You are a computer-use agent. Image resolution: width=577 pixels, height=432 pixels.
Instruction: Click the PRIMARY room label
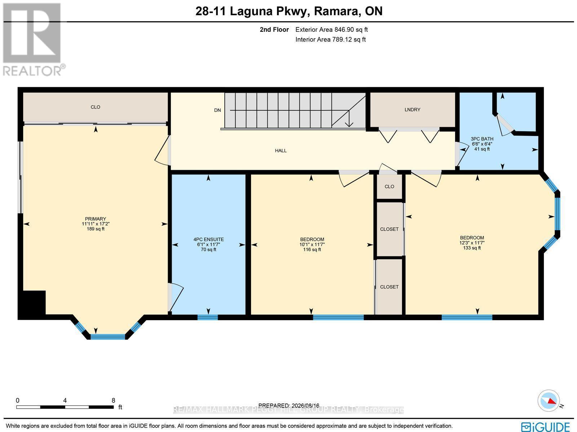pyautogui.click(x=96, y=219)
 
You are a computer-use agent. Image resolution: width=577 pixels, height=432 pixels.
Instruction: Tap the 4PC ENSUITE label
pyautogui.click(x=208, y=239)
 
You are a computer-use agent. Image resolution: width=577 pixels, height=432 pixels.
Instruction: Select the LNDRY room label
pyautogui.click(x=412, y=110)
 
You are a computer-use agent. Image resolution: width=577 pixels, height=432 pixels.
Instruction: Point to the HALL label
pyautogui.click(x=281, y=151)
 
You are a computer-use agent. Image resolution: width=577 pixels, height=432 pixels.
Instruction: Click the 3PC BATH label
pyautogui.click(x=482, y=139)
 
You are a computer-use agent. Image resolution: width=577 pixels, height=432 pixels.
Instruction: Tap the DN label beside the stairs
pyautogui.click(x=217, y=110)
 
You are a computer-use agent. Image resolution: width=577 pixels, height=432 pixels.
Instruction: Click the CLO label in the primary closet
pyautogui.click(x=96, y=107)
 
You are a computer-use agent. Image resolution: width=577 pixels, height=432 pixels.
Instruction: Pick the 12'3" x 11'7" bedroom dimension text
pyautogui.click(x=472, y=243)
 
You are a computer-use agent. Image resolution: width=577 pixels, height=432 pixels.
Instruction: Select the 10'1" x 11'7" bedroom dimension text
pyautogui.click(x=312, y=244)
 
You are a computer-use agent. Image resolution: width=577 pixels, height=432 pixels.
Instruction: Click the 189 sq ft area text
pyautogui.click(x=96, y=229)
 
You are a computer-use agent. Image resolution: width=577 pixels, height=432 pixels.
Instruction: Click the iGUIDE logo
pyautogui.click(x=545, y=426)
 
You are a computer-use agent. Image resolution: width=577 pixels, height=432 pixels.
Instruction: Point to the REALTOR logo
pyautogui.click(x=32, y=40)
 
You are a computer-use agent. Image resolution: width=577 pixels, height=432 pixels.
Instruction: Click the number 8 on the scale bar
pyautogui.click(x=113, y=401)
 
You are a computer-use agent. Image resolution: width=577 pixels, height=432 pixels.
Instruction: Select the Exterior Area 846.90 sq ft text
pyautogui.click(x=331, y=30)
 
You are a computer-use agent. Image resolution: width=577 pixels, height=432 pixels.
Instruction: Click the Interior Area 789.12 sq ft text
pyautogui.click(x=330, y=39)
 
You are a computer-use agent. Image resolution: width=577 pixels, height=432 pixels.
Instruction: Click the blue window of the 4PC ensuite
pyautogui.click(x=208, y=317)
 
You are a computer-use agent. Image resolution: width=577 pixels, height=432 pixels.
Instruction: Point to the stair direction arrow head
pyautogui.click(x=349, y=124)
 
